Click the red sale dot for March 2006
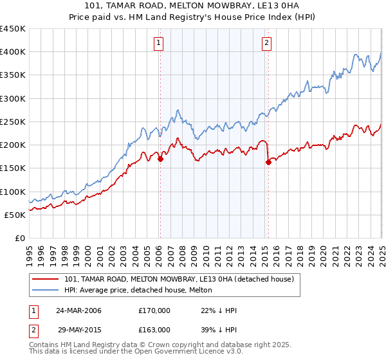click(160, 159)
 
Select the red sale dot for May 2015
click(268, 163)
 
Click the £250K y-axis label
click(13, 122)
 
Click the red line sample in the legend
click(46, 279)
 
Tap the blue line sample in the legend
click(46, 290)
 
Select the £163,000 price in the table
click(154, 329)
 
